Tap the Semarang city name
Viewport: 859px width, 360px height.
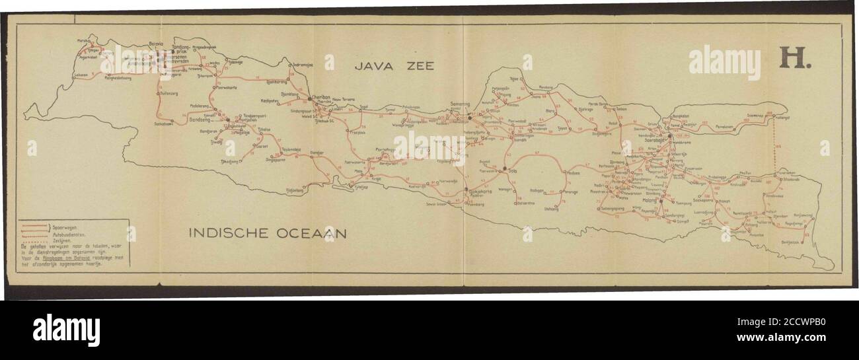coord(460,104)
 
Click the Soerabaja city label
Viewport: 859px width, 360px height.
coord(658,140)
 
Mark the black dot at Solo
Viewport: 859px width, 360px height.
coord(505,168)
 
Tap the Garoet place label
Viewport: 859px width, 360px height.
coord(243,145)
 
